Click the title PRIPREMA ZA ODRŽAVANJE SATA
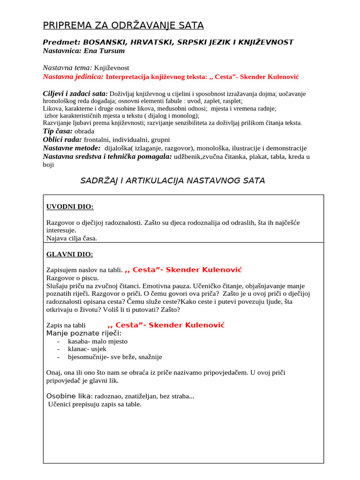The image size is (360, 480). (x=123, y=25)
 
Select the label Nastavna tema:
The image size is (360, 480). (x=67, y=67)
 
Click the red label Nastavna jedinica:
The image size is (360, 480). (x=73, y=76)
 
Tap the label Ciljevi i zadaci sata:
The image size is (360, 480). (x=75, y=94)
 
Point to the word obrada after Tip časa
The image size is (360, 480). (x=84, y=131)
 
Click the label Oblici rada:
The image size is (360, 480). (x=62, y=139)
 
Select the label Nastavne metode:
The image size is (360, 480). (x=71, y=148)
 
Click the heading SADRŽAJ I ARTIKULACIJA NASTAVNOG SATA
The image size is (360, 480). (x=173, y=180)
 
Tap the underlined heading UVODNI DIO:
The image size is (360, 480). (x=70, y=207)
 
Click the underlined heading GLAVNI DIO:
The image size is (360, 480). (x=70, y=254)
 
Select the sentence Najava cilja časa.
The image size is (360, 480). (x=72, y=238)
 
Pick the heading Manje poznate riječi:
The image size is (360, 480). (x=83, y=333)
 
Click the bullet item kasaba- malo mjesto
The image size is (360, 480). (x=97, y=341)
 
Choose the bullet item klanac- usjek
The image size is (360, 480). (x=87, y=349)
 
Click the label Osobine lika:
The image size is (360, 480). (x=69, y=397)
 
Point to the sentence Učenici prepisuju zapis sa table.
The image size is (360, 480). (x=95, y=405)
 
